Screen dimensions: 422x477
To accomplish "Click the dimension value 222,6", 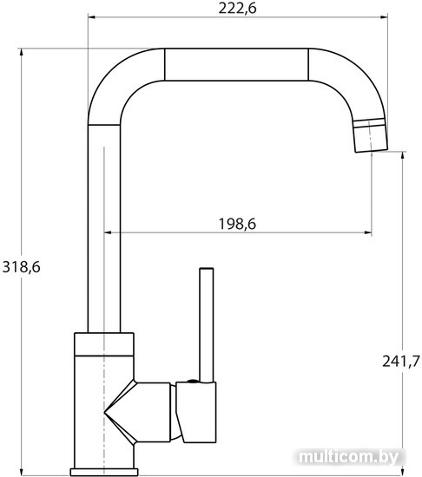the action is (238, 8).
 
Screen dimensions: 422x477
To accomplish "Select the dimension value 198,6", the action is (238, 225).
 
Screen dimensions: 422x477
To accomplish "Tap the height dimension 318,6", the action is (22, 267).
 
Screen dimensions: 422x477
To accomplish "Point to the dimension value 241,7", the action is (401, 362).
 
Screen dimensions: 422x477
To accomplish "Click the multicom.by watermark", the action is (348, 457).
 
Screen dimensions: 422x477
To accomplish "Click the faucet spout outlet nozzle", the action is (370, 134).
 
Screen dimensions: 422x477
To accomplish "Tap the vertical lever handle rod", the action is (207, 324).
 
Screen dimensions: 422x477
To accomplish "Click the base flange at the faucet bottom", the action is (104, 472).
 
